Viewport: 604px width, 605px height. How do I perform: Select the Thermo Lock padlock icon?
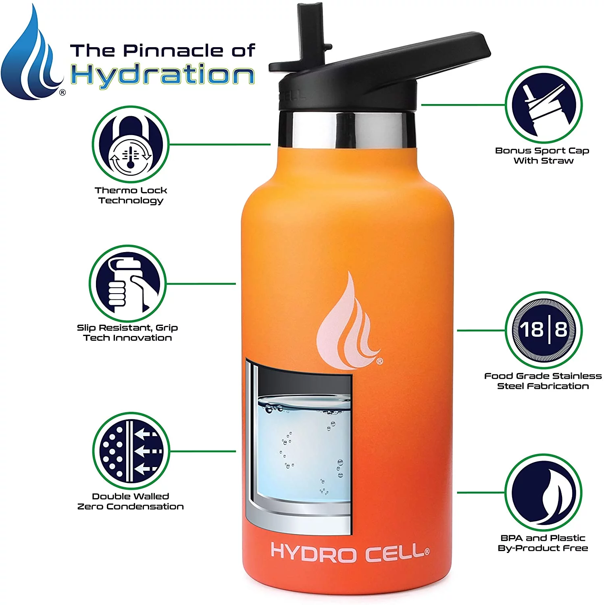[x=131, y=144]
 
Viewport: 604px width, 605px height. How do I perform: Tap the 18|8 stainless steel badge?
[x=544, y=330]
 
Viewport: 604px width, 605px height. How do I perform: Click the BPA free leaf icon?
[x=544, y=492]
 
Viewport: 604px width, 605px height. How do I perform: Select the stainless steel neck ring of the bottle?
[x=347, y=129]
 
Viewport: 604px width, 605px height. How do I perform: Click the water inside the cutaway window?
[x=302, y=452]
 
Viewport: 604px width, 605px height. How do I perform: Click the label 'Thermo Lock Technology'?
[x=131, y=195]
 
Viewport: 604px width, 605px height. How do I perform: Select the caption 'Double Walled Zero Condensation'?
[x=131, y=501]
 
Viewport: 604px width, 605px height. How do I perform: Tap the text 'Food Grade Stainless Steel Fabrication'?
[x=543, y=381]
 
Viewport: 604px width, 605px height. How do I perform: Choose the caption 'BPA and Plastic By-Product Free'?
[x=543, y=543]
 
